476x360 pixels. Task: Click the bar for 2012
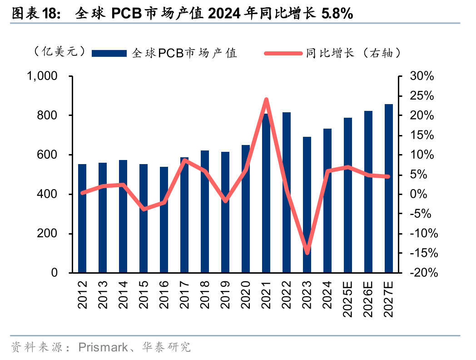point(82,218)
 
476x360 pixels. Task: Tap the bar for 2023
point(307,205)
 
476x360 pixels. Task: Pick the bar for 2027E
point(389,188)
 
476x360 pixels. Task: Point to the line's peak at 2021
point(266,100)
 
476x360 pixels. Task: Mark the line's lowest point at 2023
point(307,253)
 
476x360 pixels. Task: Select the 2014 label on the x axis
point(123,294)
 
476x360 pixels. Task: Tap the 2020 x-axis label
point(246,294)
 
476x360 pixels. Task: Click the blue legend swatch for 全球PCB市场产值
point(109,53)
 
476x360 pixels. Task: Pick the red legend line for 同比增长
point(283,53)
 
